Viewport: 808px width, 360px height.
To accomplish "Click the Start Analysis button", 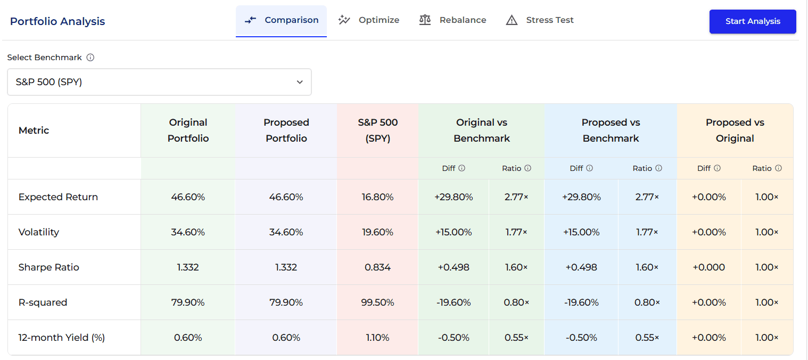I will click(752, 21).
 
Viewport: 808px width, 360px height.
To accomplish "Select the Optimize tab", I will click(368, 20).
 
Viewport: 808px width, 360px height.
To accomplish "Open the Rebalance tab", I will click(452, 20).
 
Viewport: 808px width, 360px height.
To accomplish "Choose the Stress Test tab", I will click(540, 20).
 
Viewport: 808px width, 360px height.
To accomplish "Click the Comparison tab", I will click(281, 20).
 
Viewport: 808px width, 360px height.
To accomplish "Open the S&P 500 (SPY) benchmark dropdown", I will click(159, 82).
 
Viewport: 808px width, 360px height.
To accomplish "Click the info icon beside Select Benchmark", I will click(90, 58).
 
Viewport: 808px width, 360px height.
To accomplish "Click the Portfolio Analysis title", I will click(57, 21).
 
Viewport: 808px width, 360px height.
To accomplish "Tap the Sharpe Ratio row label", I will click(49, 267).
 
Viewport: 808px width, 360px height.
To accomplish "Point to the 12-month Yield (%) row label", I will click(62, 338).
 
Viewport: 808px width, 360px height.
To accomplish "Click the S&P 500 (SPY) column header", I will click(377, 130).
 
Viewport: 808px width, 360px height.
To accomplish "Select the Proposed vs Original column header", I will click(735, 130).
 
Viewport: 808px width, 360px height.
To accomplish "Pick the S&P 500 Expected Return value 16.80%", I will click(377, 197).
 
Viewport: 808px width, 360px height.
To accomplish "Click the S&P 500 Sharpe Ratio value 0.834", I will click(377, 267).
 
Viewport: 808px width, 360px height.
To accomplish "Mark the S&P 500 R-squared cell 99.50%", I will click(377, 302).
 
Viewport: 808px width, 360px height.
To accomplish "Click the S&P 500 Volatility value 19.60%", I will click(377, 232).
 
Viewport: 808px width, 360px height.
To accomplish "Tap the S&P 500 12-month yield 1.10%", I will click(377, 338).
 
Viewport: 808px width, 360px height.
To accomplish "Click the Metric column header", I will click(34, 130).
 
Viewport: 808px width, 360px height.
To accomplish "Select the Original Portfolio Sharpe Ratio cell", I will click(188, 267).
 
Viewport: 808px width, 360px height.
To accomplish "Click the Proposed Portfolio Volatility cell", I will click(286, 232).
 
